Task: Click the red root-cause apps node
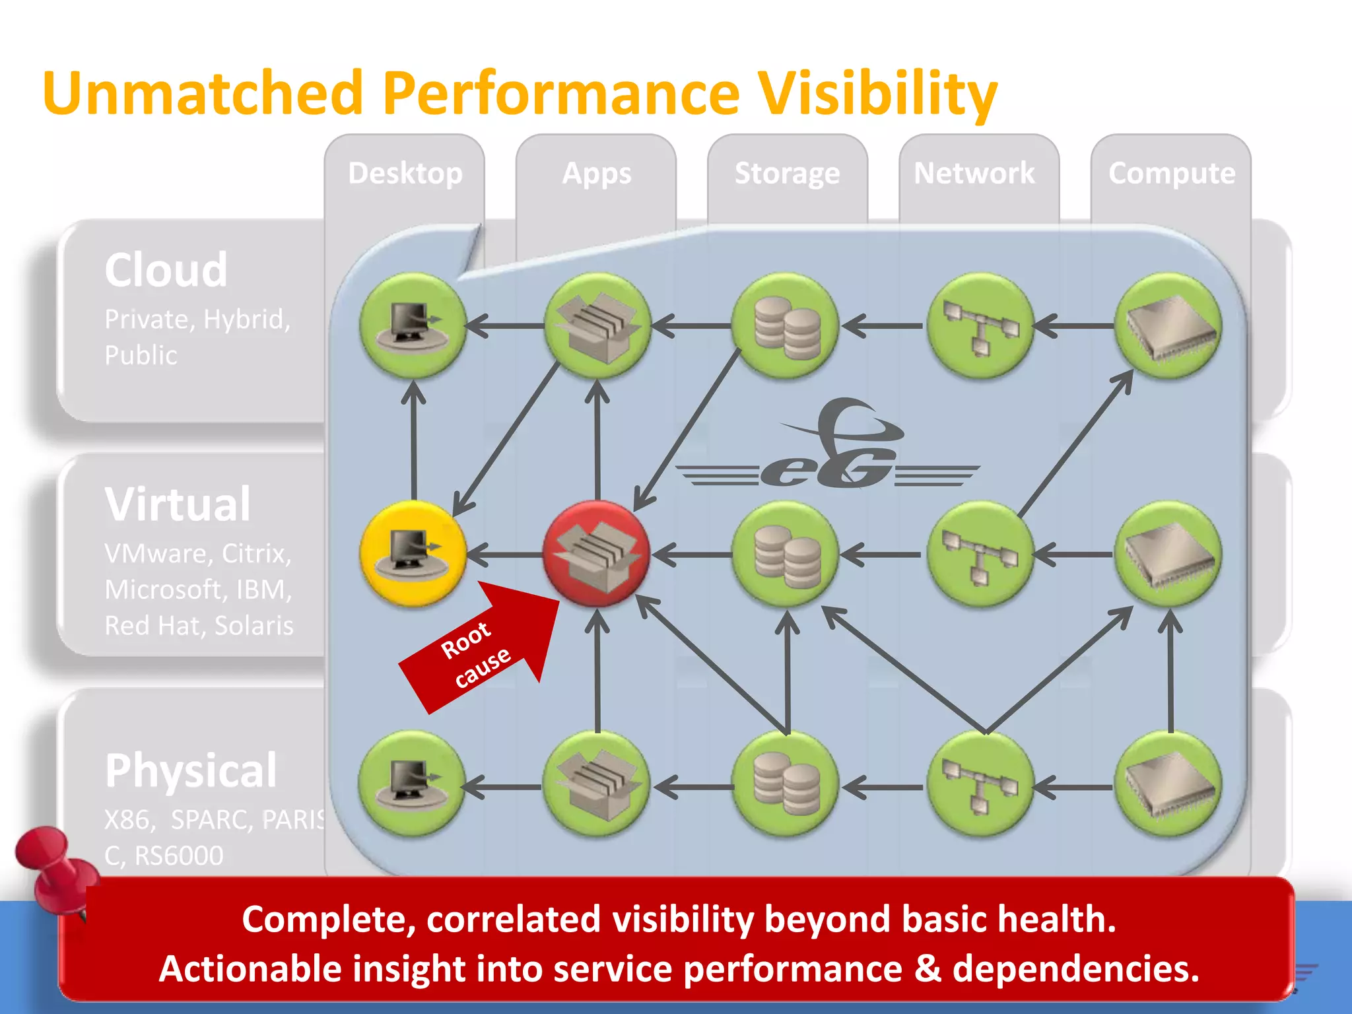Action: (x=596, y=554)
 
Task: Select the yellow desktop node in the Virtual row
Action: (x=413, y=554)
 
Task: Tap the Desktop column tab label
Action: (x=405, y=173)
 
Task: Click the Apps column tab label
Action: (x=596, y=174)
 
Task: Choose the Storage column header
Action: (x=787, y=173)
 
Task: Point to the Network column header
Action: (x=974, y=173)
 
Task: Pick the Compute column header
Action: (x=1171, y=173)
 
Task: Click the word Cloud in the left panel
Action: (x=166, y=270)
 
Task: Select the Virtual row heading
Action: (x=178, y=504)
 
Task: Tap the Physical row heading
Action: (x=191, y=770)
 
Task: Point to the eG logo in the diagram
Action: (x=828, y=449)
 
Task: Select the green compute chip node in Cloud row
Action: (x=1168, y=325)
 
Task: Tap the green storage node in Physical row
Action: (x=786, y=784)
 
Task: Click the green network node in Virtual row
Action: (x=980, y=554)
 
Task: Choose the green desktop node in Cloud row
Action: (x=413, y=325)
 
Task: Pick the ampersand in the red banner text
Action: (x=927, y=969)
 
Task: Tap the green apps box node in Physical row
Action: (x=596, y=784)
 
